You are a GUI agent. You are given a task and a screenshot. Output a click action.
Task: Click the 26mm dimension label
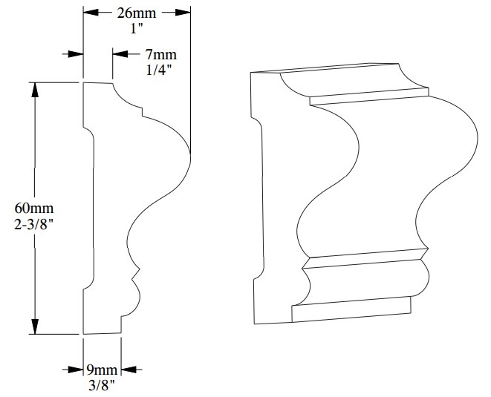(x=135, y=13)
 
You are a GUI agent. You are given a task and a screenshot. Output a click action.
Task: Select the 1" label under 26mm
(x=135, y=27)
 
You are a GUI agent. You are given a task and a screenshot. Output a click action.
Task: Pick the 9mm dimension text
(x=100, y=370)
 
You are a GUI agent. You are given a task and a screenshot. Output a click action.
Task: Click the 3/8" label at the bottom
(x=100, y=384)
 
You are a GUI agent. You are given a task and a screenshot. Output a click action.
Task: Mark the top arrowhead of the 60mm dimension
(x=33, y=88)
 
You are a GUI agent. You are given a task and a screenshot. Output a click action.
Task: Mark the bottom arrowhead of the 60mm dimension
(x=33, y=328)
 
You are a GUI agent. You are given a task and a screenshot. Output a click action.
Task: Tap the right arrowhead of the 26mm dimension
(x=183, y=13)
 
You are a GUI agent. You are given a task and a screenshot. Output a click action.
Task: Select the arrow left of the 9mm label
(x=74, y=369)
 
